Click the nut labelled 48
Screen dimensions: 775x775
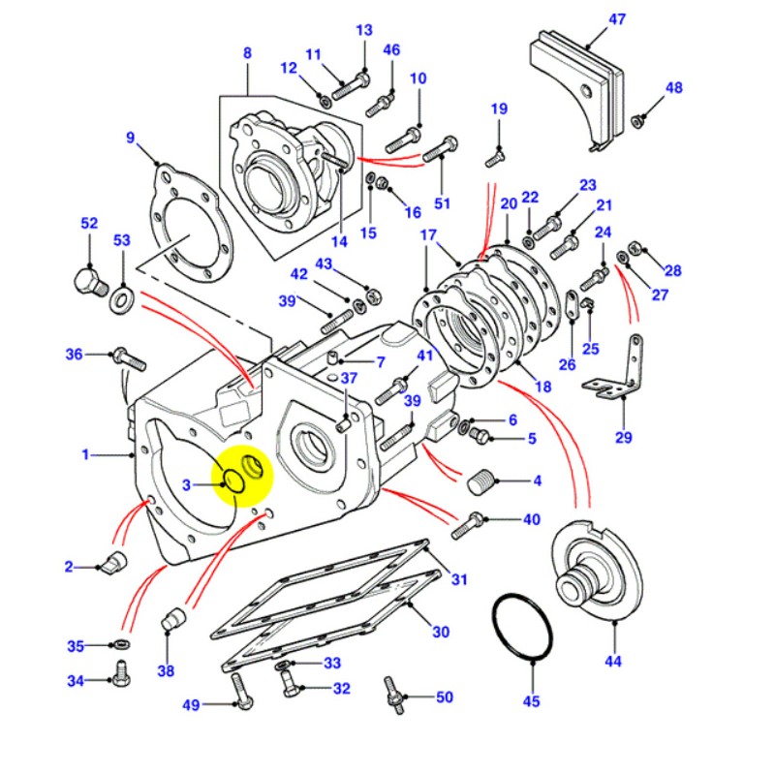tap(639, 121)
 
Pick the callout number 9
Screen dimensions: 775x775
tap(131, 138)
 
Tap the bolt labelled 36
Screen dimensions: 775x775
tap(129, 358)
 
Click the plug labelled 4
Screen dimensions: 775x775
tap(481, 481)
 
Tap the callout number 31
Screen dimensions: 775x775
tap(458, 580)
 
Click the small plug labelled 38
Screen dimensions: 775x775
tap(171, 618)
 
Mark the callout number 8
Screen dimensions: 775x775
tap(247, 52)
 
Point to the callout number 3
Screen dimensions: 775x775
tap(187, 484)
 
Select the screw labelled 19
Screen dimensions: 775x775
tap(493, 153)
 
